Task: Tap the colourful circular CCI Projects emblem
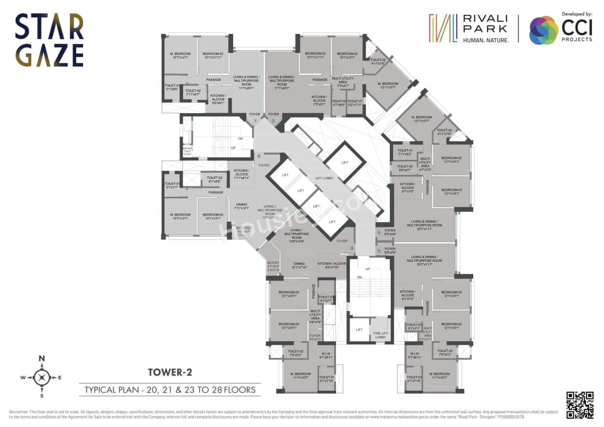pos(543,30)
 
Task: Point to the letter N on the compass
pos(42,359)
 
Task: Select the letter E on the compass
pos(59,377)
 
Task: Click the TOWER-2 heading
pos(170,372)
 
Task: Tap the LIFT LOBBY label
pos(325,178)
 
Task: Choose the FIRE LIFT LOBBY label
pos(380,335)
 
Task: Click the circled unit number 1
pos(255,121)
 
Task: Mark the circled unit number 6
pos(259,156)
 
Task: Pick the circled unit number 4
pos(378,251)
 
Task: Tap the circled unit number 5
pos(352,248)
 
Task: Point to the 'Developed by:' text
pos(577,15)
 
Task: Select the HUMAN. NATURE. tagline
pos(486,41)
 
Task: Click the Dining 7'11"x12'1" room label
pos(241,206)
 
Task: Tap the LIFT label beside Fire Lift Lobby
pos(359,330)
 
